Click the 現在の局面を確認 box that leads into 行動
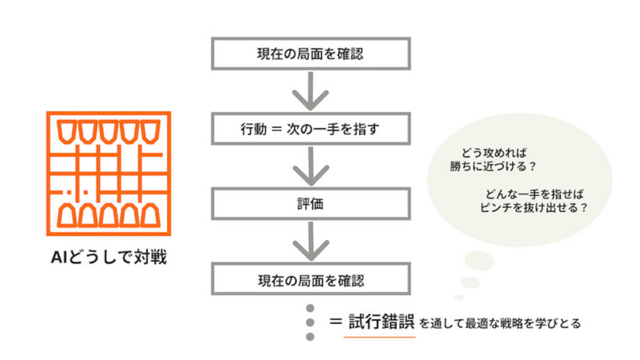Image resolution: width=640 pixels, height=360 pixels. click(310, 53)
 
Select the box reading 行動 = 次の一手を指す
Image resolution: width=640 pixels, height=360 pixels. click(310, 129)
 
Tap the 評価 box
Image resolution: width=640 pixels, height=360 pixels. click(310, 204)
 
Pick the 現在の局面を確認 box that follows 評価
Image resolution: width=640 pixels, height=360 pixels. click(310, 279)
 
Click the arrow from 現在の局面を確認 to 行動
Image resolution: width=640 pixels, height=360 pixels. click(310, 91)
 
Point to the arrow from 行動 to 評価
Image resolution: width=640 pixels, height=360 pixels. click(310, 166)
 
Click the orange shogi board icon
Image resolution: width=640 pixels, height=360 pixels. click(109, 173)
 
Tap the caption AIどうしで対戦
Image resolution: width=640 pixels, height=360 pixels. click(109, 257)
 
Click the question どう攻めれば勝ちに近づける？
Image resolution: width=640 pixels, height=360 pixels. click(494, 160)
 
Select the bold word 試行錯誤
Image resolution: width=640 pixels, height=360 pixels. click(380, 322)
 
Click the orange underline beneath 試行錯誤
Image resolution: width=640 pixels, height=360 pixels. click(380, 337)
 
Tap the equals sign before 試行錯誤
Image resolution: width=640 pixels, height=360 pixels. click(335, 322)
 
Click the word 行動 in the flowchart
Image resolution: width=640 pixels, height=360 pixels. click(253, 129)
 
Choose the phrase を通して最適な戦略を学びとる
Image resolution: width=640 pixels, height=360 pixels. click(500, 323)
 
